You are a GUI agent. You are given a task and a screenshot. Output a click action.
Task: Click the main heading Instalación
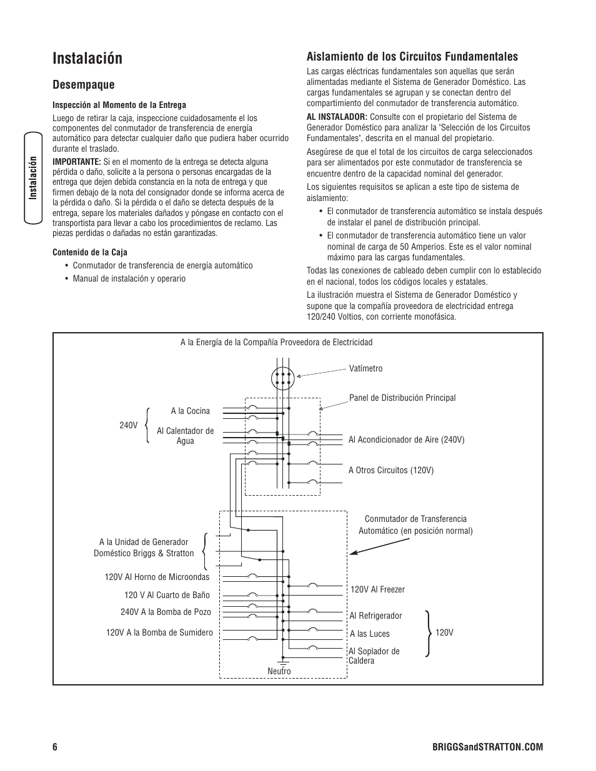[87, 59]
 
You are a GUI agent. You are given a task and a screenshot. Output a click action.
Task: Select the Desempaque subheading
[84, 84]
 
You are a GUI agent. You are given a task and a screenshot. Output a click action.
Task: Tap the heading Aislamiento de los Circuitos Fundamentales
[412, 56]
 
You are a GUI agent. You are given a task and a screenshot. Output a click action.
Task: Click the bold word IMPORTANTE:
[77, 161]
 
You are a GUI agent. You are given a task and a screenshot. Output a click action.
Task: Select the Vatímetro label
[365, 368]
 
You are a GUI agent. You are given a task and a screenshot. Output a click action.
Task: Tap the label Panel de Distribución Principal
[402, 398]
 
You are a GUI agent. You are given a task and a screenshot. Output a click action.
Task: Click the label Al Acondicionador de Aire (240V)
[406, 440]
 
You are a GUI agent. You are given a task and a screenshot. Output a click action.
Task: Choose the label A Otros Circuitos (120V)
[390, 470]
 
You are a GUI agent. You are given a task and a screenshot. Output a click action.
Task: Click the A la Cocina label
[190, 411]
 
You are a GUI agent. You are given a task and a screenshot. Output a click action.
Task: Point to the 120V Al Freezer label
[377, 589]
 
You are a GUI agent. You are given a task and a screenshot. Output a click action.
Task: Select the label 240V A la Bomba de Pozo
[166, 612]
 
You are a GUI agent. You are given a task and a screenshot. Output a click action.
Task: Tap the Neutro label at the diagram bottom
[279, 671]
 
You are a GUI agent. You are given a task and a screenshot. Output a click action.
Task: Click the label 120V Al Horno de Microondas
[157, 577]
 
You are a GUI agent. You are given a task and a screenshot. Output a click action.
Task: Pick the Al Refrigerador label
[375, 616]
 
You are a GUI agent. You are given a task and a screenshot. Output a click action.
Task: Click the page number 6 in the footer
[55, 747]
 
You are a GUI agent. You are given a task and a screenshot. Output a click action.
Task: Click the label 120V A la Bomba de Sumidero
[159, 632]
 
